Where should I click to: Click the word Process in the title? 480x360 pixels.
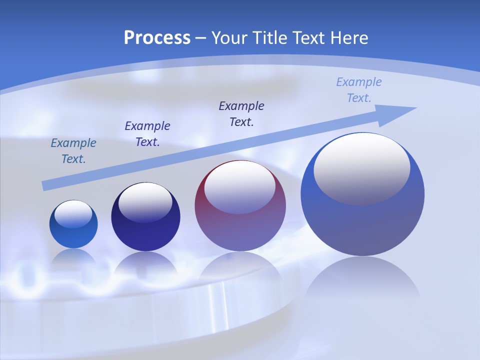click(x=157, y=37)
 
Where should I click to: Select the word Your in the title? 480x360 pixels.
click(x=231, y=37)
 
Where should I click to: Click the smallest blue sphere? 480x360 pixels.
click(x=73, y=224)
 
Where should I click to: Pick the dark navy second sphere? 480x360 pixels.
click(x=145, y=217)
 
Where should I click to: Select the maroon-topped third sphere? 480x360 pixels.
click(x=240, y=206)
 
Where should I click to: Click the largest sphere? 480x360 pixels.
click(x=362, y=194)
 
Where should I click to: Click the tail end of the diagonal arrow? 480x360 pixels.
click(x=44, y=186)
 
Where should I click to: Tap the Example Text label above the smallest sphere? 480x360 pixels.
click(x=73, y=151)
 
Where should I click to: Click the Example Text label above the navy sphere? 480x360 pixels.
click(x=147, y=134)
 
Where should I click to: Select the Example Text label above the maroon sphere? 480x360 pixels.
click(x=241, y=113)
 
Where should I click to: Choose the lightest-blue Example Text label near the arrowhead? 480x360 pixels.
click(x=359, y=90)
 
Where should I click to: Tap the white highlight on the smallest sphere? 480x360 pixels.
click(x=73, y=213)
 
